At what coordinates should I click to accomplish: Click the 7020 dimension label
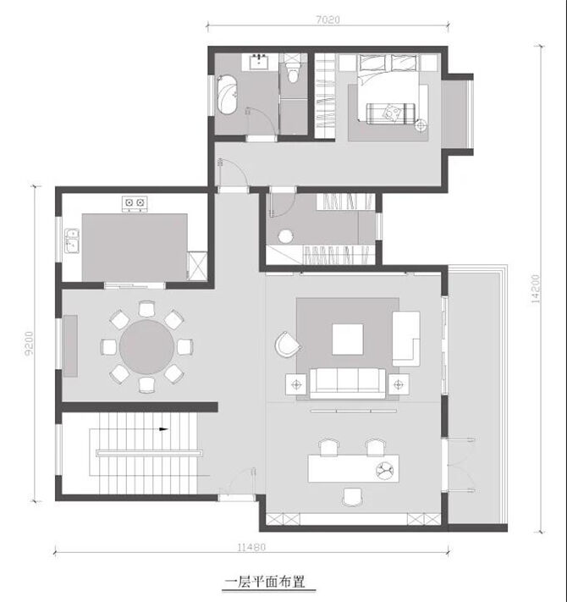[x=328, y=19]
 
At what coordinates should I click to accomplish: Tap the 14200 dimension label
[x=535, y=289]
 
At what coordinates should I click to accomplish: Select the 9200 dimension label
[x=30, y=344]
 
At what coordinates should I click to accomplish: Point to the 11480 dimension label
[x=251, y=548]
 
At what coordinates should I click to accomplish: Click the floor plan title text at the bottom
[x=266, y=582]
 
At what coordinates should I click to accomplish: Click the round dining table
[x=147, y=347]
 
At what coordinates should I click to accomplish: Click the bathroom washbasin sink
[x=260, y=62]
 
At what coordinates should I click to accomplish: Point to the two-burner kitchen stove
[x=135, y=203]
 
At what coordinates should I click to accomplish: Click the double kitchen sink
[x=72, y=241]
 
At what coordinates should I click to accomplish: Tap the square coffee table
[x=348, y=340]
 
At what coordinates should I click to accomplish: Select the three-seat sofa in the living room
[x=348, y=384]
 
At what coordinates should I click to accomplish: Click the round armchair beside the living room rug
[x=288, y=344]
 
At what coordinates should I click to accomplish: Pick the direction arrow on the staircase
[x=164, y=429]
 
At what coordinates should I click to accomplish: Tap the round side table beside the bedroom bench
[x=421, y=125]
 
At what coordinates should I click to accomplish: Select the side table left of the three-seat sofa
[x=296, y=384]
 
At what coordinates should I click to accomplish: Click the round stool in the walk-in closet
[x=285, y=236]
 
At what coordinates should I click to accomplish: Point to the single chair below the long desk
[x=352, y=497]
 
